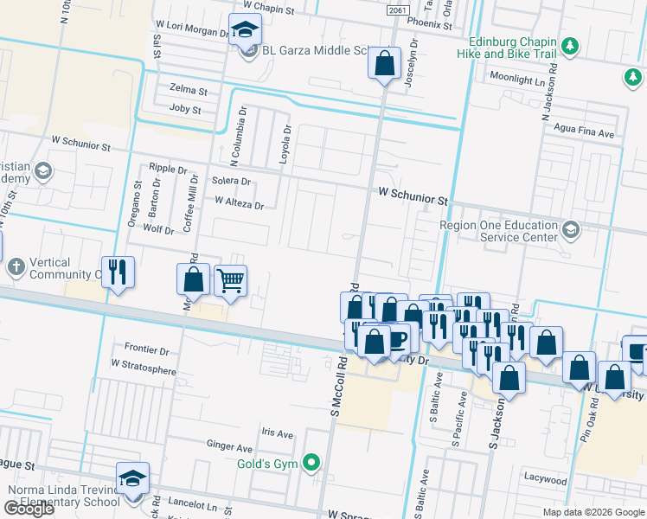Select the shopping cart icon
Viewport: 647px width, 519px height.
point(229,280)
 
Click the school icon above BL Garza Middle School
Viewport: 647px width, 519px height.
point(245,29)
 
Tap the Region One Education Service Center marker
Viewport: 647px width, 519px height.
point(570,230)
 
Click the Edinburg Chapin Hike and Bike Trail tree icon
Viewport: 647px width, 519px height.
point(569,46)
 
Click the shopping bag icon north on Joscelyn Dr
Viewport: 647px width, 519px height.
point(384,62)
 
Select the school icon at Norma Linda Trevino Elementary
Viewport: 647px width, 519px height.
point(133,477)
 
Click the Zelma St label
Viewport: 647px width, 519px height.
point(189,90)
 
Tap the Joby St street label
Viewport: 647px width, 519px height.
point(185,110)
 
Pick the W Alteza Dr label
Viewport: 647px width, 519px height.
point(239,204)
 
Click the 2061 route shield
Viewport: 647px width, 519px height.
point(397,10)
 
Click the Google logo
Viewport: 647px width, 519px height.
point(29,509)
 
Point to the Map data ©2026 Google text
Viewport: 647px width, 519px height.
point(593,511)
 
